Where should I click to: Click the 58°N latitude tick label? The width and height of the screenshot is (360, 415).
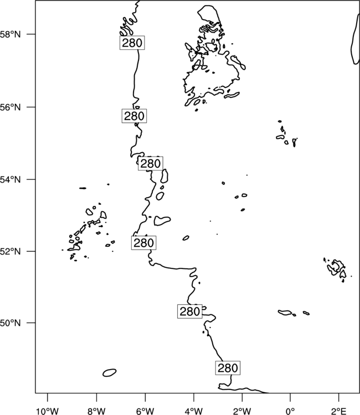click(x=10, y=34)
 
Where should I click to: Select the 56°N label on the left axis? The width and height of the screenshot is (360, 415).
click(x=10, y=107)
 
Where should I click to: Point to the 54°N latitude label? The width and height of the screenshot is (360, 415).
click(x=10, y=180)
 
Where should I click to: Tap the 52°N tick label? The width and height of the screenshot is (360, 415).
click(x=10, y=251)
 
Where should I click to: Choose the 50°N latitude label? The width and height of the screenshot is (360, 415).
click(x=10, y=323)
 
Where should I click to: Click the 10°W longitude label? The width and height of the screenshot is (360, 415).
click(x=48, y=411)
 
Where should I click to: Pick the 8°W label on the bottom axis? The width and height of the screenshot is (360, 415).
click(x=96, y=411)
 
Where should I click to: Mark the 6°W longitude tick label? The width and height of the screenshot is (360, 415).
click(x=145, y=411)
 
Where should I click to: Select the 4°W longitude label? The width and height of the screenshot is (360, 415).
click(x=194, y=411)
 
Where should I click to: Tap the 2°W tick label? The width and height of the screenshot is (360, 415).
click(x=242, y=411)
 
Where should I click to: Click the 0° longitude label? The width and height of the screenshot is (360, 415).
click(x=290, y=411)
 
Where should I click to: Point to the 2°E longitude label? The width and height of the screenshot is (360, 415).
click(x=338, y=411)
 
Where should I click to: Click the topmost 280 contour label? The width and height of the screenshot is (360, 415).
click(x=132, y=43)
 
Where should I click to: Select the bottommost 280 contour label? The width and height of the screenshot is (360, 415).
click(x=228, y=367)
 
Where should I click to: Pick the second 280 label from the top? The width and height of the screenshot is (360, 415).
click(x=134, y=116)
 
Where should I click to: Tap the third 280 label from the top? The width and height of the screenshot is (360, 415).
click(x=151, y=164)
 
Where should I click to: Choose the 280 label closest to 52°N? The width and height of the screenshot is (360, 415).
click(x=143, y=243)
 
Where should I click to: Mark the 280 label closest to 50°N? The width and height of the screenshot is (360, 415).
click(x=189, y=312)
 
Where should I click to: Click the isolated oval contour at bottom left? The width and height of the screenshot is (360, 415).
click(x=110, y=372)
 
